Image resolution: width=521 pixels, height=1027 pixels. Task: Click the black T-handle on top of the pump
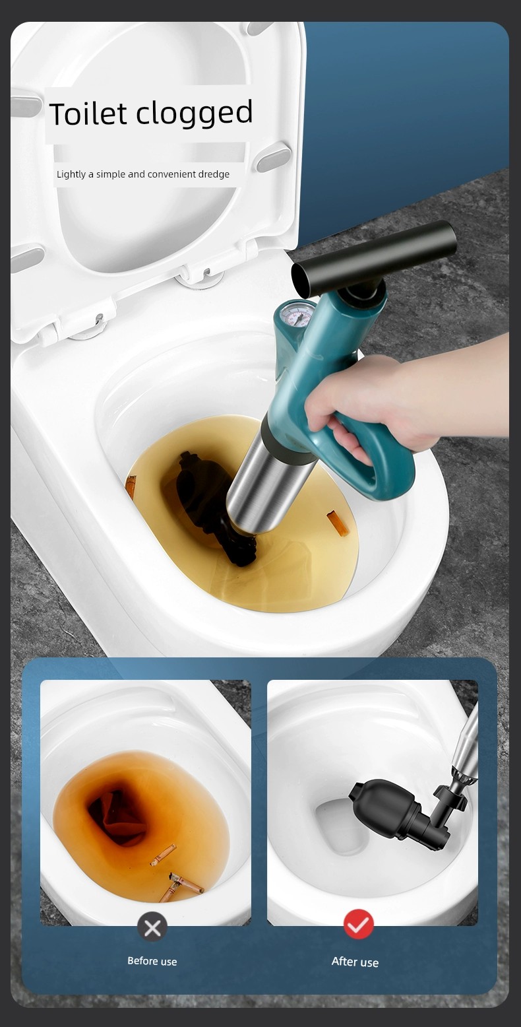(373, 258)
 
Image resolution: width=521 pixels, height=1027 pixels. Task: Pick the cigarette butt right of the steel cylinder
(337, 523)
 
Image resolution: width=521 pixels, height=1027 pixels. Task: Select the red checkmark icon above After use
(358, 925)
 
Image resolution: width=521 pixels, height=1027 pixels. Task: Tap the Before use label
(152, 962)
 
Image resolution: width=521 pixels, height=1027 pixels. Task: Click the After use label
(355, 962)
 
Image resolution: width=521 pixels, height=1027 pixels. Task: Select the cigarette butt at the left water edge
(131, 487)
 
